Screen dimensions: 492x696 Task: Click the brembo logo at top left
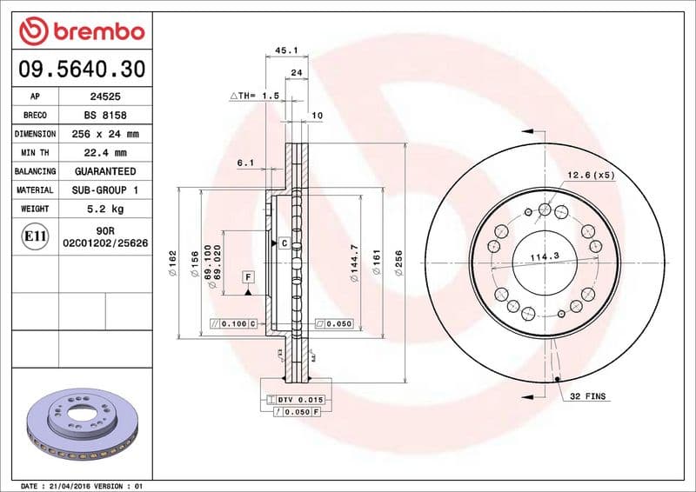pos(81,31)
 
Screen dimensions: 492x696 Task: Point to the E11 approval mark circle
pos(36,236)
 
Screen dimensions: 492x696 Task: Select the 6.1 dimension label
pos(245,163)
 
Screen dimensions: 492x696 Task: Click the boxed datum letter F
pos(248,276)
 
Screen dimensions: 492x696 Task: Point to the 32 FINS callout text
pos(588,396)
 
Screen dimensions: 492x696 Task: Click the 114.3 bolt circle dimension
pos(545,256)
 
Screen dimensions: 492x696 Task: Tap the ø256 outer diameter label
pos(398,263)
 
